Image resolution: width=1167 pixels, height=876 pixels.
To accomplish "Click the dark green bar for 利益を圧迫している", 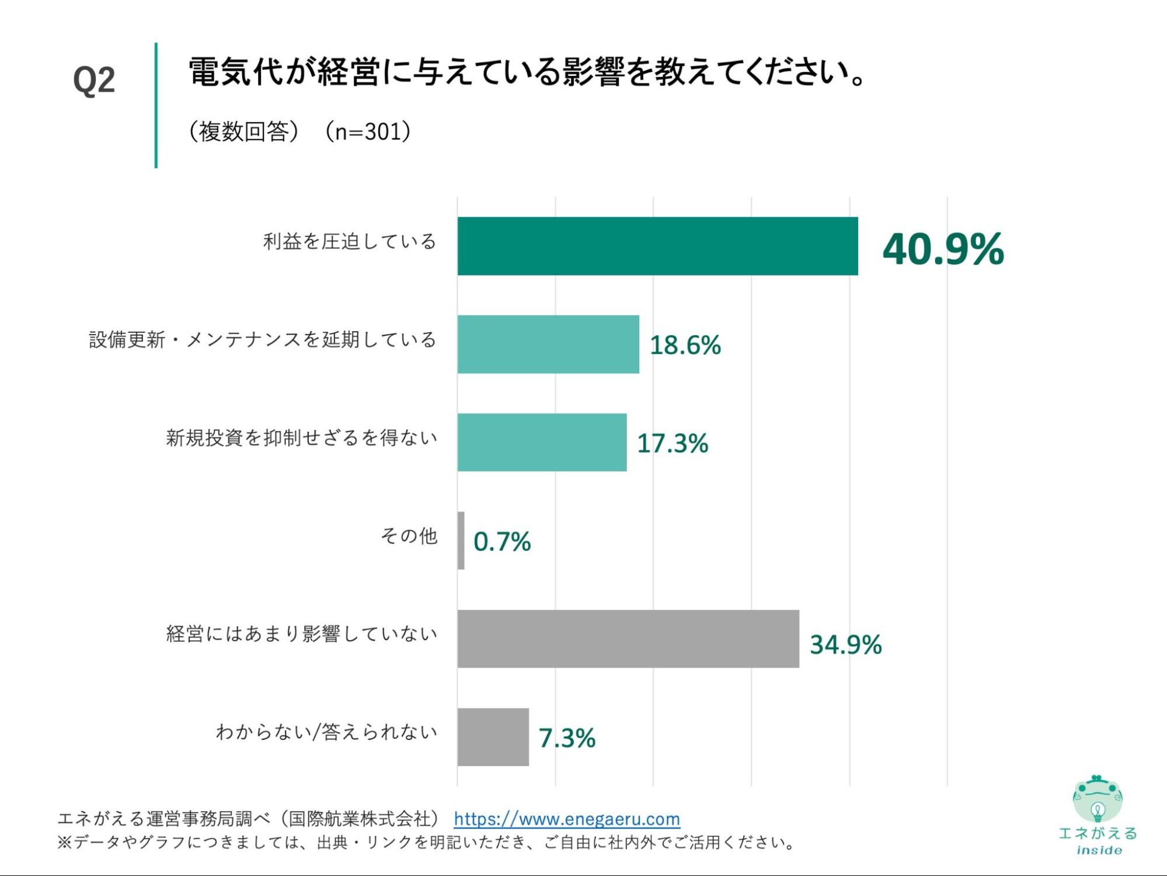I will click(x=657, y=246).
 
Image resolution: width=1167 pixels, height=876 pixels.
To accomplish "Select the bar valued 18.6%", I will click(x=548, y=344).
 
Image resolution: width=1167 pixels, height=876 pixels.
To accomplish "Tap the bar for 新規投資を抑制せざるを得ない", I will click(x=542, y=442).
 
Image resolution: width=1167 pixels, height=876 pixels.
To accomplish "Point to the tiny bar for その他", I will click(x=461, y=540).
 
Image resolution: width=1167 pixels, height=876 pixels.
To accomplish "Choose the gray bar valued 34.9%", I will click(x=628, y=638).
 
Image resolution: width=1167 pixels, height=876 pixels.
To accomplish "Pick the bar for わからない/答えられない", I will click(x=493, y=736).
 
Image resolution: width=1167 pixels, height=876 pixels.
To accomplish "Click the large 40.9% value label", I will click(x=943, y=249).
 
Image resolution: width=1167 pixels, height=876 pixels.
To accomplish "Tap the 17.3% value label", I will click(x=673, y=443).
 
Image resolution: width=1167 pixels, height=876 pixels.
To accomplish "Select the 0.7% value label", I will click(x=502, y=541).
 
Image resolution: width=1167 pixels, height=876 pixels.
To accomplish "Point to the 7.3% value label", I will click(x=567, y=738).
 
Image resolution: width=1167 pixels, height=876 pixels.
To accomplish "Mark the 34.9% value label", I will click(x=845, y=645).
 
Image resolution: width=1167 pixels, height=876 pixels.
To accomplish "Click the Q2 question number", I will click(x=94, y=81).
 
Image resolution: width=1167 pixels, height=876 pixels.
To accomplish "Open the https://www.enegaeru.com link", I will click(x=567, y=819).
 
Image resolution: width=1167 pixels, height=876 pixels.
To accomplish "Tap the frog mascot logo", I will click(x=1098, y=799).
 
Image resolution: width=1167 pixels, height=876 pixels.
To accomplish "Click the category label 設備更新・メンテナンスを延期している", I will click(x=263, y=339).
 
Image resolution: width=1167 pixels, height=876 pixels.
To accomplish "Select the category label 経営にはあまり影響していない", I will click(x=302, y=634).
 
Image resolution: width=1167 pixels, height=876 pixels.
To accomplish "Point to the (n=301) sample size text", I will click(x=368, y=132).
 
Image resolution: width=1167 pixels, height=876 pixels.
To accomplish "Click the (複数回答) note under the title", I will click(x=243, y=132).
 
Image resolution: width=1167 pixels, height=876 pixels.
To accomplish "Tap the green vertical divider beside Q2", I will click(x=156, y=105).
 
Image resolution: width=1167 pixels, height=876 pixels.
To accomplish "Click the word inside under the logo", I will click(x=1099, y=850).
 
